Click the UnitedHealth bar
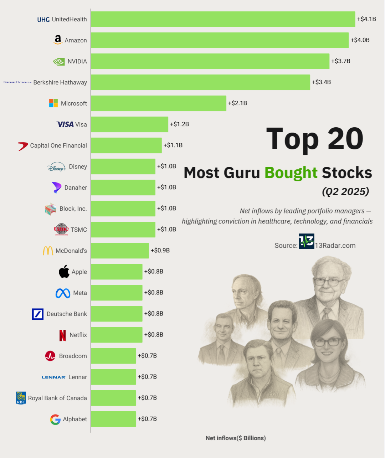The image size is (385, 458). pos(223,19)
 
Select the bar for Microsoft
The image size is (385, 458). pos(158,103)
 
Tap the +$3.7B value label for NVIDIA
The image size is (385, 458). pos(340,61)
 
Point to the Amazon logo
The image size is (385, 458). pos(58,40)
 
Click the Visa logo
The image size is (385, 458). pos(65,124)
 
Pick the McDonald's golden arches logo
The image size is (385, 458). pos(48,251)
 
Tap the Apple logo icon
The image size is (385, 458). pos(64,272)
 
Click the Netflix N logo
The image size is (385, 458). pos(63,335)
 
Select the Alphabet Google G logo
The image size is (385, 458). pos(55,420)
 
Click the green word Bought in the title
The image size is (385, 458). pos(291,173)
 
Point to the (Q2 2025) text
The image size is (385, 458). pos(345,191)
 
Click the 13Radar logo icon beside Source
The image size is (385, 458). pos(306,241)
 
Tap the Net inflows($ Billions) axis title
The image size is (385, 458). pos(236,438)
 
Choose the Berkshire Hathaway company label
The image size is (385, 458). pos(60,82)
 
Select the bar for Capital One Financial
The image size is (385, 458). pos(126,145)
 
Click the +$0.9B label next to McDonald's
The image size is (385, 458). pos(160,250)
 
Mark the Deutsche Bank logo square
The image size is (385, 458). pos(38,314)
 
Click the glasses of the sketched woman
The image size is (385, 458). pos(327,342)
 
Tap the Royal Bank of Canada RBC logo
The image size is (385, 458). pos(21,398)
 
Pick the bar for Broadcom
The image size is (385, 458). pos(113,356)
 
